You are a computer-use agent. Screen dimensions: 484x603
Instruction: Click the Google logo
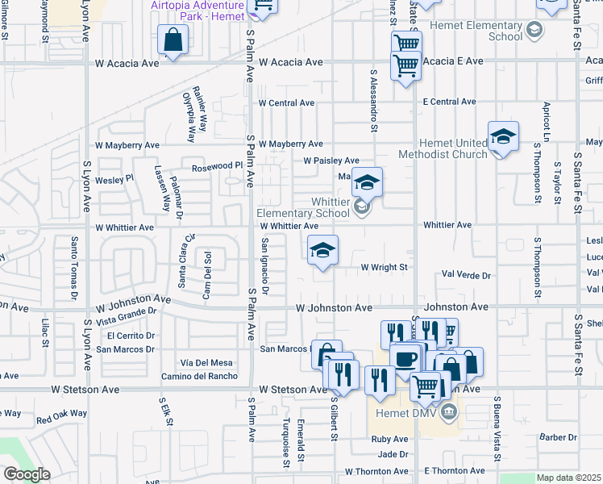pos(27,474)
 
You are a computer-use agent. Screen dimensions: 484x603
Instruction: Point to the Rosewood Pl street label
pos(217,166)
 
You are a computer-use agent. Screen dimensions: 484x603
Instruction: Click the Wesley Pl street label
pos(114,180)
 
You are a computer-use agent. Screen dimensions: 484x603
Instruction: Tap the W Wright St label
pos(384,266)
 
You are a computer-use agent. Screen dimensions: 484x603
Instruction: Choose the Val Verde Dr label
pos(466,275)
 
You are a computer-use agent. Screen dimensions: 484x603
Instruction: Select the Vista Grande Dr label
pos(126,315)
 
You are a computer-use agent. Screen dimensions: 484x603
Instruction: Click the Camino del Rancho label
pos(198,376)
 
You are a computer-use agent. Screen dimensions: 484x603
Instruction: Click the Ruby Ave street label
pos(389,440)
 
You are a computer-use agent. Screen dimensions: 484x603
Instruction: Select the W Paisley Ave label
pos(331,161)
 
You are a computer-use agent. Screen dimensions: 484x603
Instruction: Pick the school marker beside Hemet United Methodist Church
pos(503,137)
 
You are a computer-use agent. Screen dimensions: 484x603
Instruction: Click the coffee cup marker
pos(405,357)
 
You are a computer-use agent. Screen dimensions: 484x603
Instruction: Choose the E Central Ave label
pos(449,102)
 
